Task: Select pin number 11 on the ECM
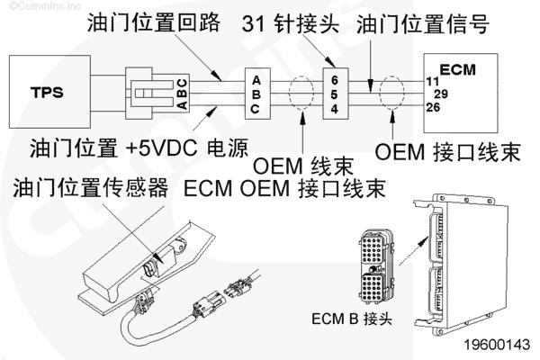coord(433,81)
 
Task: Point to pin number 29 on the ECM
coord(441,94)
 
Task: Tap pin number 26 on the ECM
coord(433,107)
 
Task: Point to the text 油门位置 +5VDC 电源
coord(138,146)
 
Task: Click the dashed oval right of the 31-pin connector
coord(392,94)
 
